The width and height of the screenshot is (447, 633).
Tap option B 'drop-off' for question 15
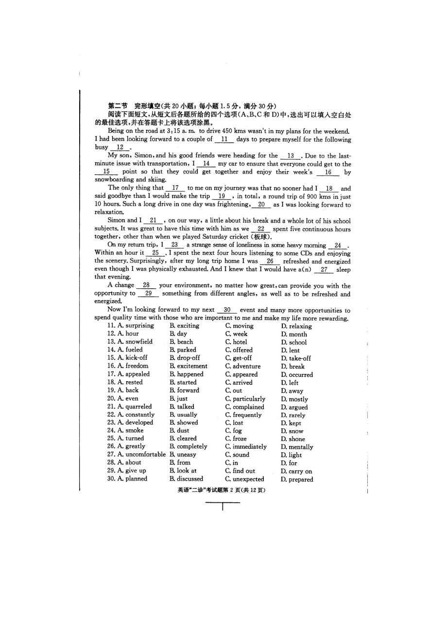(185, 358)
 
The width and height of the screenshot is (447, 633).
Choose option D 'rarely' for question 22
(293, 415)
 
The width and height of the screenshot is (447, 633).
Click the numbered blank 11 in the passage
(224, 140)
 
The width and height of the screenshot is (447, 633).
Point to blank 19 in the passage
(222, 196)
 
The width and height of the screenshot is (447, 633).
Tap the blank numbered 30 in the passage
(227, 310)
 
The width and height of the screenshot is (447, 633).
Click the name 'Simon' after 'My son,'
(143, 156)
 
